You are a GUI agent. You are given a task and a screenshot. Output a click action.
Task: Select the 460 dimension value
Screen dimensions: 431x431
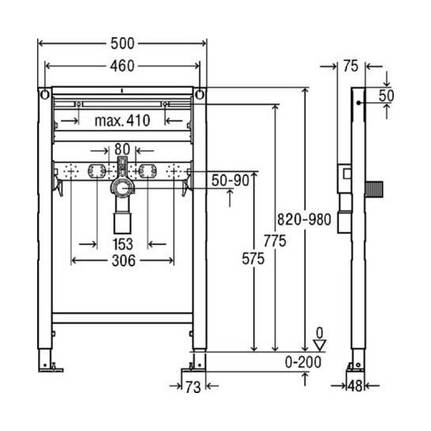tap(121, 66)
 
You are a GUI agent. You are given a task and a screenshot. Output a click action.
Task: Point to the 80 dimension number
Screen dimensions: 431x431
tap(121, 148)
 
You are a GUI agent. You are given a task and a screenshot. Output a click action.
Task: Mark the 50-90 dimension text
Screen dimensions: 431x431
tap(230, 181)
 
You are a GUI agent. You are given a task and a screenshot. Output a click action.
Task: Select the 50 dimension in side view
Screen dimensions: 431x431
tap(387, 95)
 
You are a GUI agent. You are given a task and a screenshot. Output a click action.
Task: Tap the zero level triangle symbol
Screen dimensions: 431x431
tap(319, 344)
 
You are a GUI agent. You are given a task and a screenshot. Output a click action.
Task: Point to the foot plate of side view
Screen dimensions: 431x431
tap(355, 368)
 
